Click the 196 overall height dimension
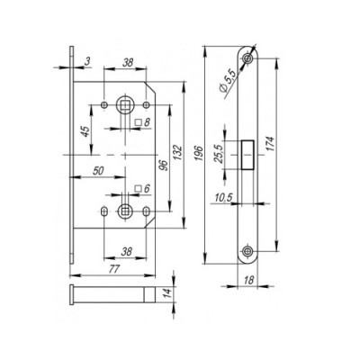(198, 154)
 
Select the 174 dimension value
(270, 146)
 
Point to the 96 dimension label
(164, 166)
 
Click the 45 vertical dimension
(85, 131)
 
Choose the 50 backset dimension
(98, 171)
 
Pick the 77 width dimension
(113, 269)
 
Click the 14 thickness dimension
(168, 293)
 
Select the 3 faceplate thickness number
(87, 61)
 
